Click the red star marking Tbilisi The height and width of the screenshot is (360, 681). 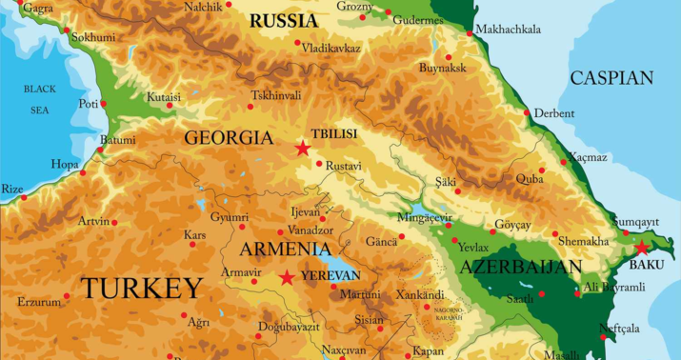pyautogui.click(x=303, y=148)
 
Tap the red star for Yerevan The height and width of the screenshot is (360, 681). pyautogui.click(x=287, y=277)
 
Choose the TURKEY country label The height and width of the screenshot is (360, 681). pyautogui.click(x=142, y=288)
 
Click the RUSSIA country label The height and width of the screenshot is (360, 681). pyautogui.click(x=283, y=20)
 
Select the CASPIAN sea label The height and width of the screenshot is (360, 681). pyautogui.click(x=611, y=78)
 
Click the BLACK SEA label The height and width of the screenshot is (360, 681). pyautogui.click(x=39, y=99)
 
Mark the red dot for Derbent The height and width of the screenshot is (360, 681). pyautogui.click(x=527, y=112)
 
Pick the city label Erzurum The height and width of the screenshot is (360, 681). pyautogui.click(x=38, y=302)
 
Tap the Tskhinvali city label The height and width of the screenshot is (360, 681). pyautogui.click(x=275, y=96)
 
